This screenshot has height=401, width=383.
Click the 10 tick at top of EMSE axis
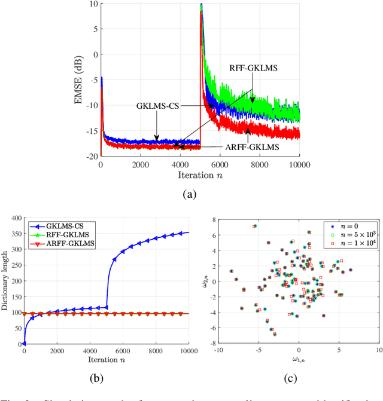[94, 4]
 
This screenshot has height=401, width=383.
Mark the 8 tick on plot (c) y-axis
[212, 221]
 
